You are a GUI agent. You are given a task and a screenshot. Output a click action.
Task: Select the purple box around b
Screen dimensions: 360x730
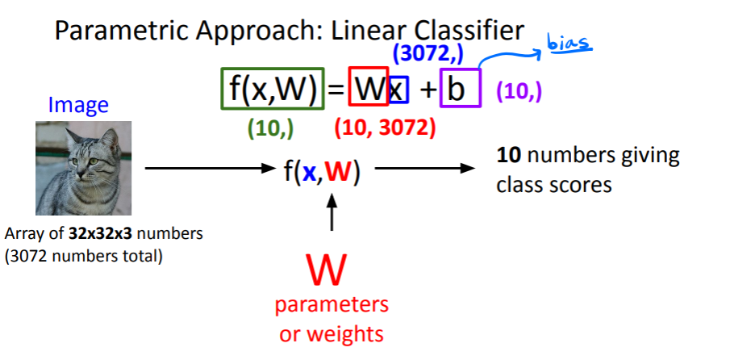460,88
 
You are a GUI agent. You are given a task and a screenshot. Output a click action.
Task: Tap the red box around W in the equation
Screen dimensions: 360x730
368,88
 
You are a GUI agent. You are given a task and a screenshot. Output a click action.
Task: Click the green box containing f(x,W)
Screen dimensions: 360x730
272,88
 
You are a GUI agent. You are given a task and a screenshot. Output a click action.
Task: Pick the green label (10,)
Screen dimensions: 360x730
270,127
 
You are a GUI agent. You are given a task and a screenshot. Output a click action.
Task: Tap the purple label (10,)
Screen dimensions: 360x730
519,91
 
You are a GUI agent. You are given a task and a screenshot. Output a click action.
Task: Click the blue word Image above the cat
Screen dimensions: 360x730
78,105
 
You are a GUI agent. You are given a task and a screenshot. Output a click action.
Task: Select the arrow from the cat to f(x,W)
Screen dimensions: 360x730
210,170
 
